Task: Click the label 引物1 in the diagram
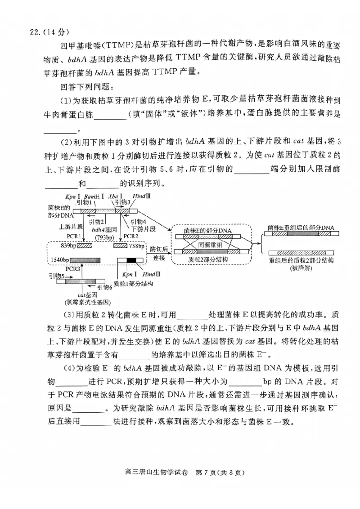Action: (x=84, y=203)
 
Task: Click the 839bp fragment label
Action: (x=59, y=246)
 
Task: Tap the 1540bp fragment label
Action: (x=59, y=260)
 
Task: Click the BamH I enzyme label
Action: (x=94, y=196)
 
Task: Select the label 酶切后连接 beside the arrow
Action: (x=159, y=254)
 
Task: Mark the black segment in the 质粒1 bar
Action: (x=130, y=260)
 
